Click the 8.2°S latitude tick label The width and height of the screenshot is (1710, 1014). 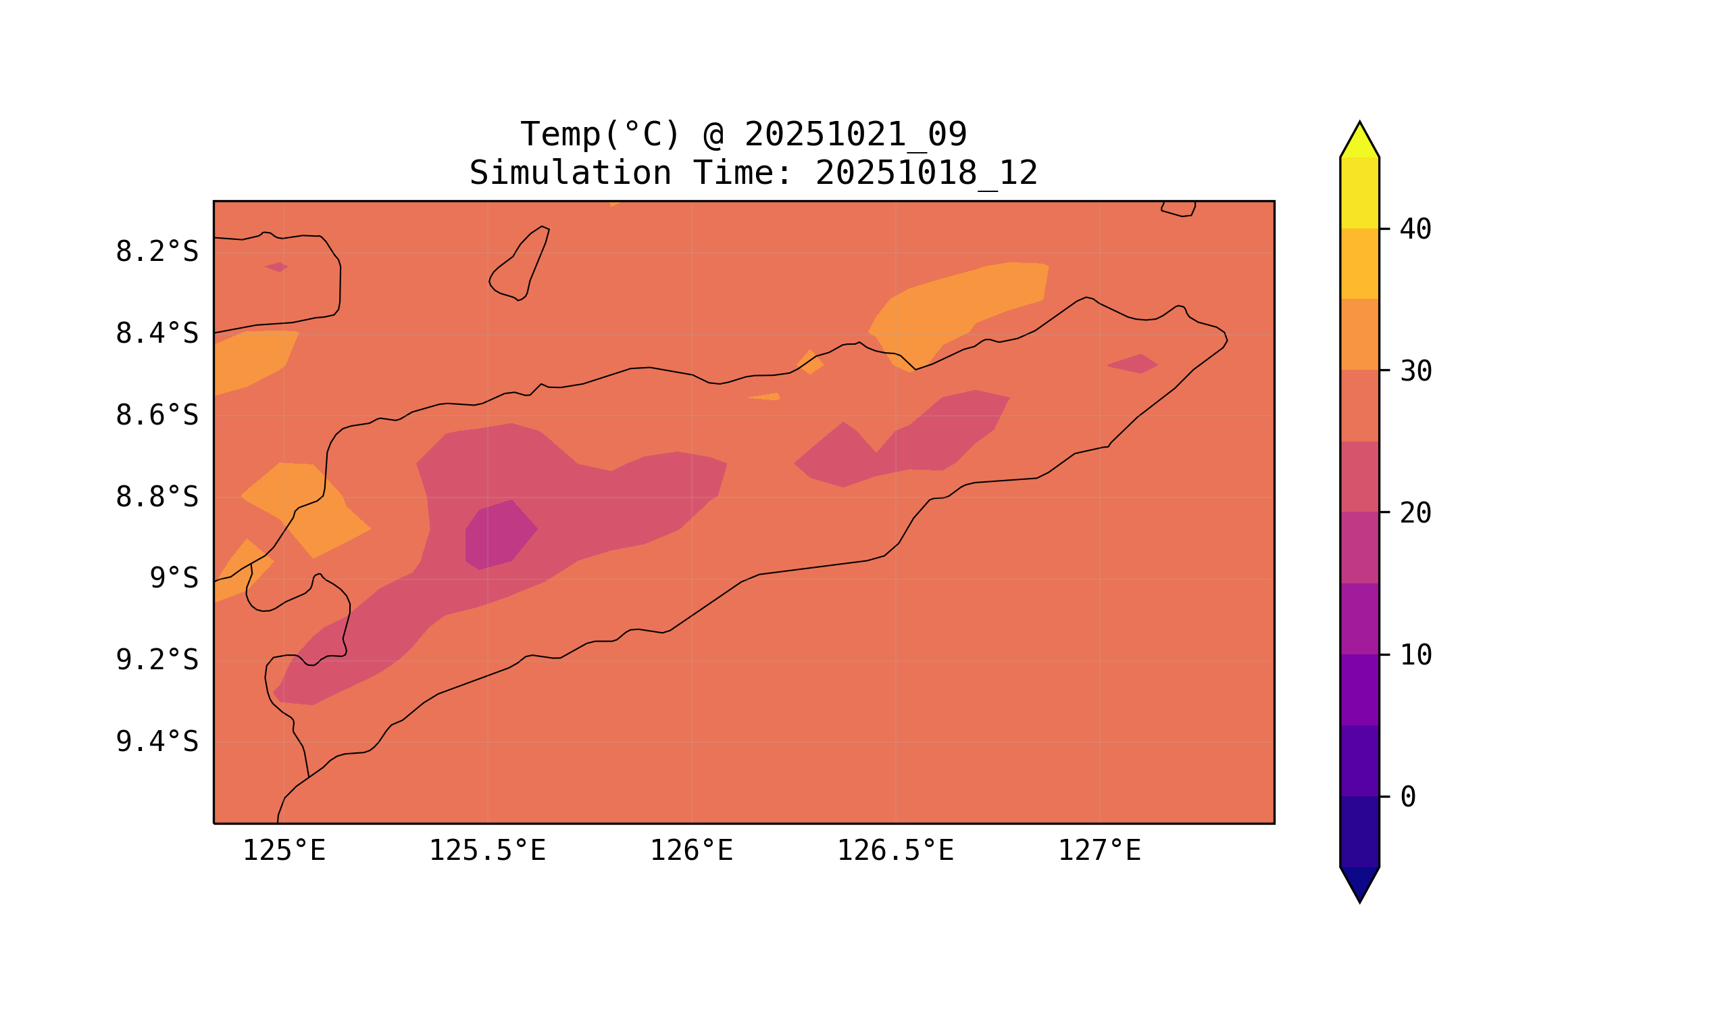(x=156, y=252)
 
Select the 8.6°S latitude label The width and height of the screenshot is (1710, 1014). (x=156, y=416)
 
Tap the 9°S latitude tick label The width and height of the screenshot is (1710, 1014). (x=174, y=579)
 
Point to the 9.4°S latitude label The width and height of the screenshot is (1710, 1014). (x=156, y=742)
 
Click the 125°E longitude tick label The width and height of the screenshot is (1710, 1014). (x=284, y=851)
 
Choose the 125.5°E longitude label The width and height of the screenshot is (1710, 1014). (x=487, y=851)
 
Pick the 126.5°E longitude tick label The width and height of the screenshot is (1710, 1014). (x=895, y=851)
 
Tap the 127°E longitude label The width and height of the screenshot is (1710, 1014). (x=1099, y=851)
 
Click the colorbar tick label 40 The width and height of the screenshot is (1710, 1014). (x=1415, y=230)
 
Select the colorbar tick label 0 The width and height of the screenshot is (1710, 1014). (x=1407, y=797)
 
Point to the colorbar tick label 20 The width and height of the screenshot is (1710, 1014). (x=1415, y=513)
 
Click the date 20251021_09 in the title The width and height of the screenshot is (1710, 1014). (x=855, y=135)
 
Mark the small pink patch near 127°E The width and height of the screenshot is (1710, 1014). (x=1134, y=364)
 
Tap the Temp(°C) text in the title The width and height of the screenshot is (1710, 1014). (x=599, y=135)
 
